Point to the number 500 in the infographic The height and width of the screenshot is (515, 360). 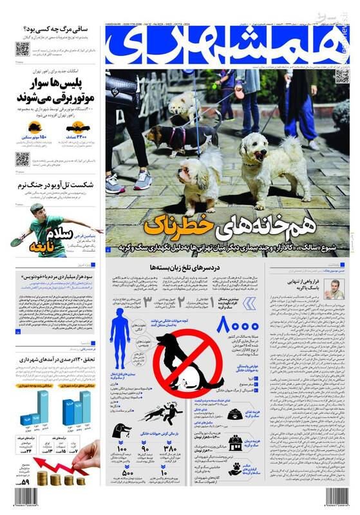point(126,475)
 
